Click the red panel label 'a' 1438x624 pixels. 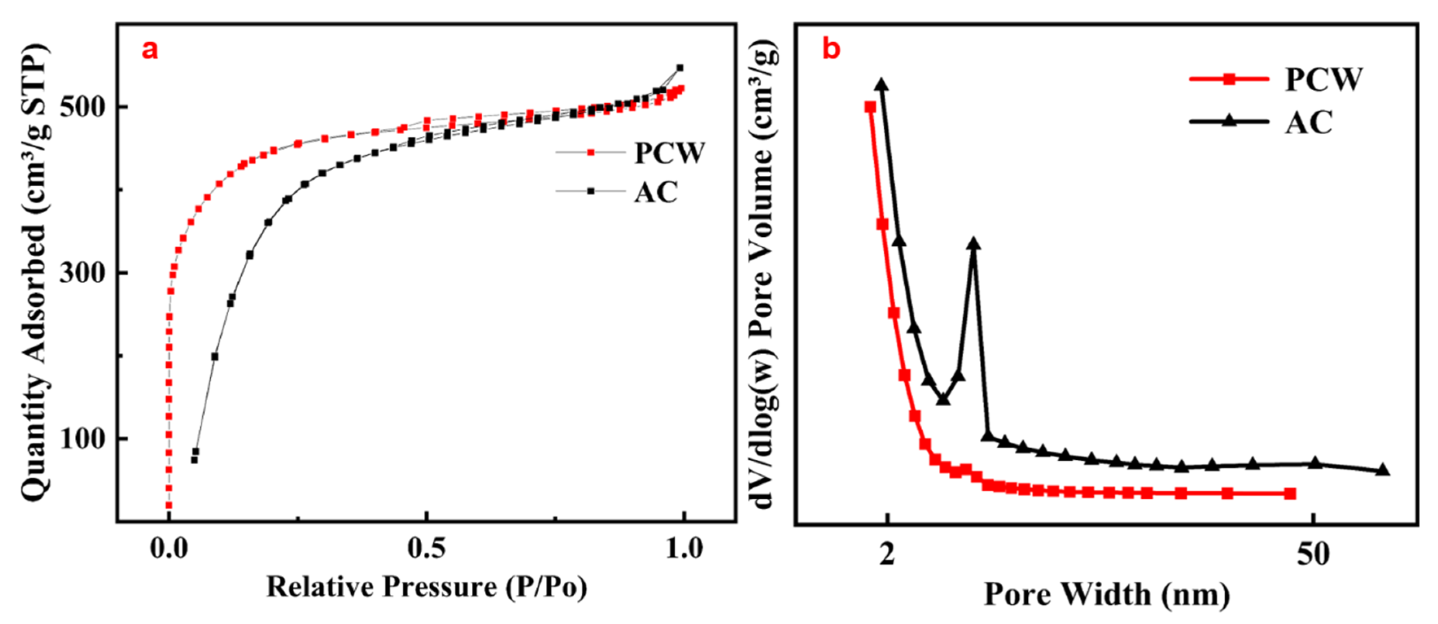[150, 50]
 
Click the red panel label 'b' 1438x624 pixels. [831, 50]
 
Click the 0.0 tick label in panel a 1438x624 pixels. [169, 549]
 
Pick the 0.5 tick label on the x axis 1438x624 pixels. [427, 549]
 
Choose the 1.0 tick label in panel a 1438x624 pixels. [684, 549]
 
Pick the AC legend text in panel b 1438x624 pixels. [1309, 122]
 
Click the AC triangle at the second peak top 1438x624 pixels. [974, 244]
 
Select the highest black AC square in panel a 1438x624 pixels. [680, 68]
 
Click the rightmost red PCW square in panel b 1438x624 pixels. [1289, 493]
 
